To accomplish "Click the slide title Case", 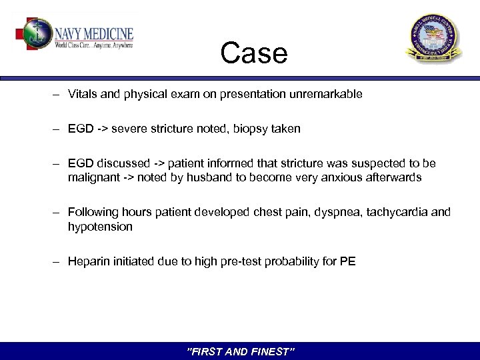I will pyautogui.click(x=253, y=53).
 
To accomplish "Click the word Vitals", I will pyautogui.click(x=82, y=94).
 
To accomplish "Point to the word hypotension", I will pyautogui.click(x=100, y=227).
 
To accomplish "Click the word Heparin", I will pyautogui.click(x=87, y=261).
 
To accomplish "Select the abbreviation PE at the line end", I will pyautogui.click(x=348, y=261).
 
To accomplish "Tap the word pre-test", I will pyautogui.click(x=245, y=261).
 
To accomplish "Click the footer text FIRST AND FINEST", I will pyautogui.click(x=240, y=351).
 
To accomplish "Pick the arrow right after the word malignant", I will pyautogui.click(x=126, y=178).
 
